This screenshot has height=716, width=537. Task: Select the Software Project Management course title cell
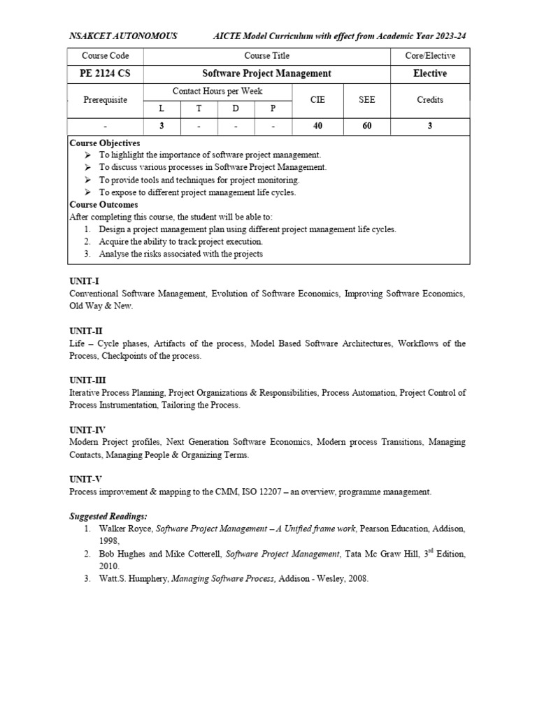tap(257, 73)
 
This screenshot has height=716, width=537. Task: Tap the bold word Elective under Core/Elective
tap(430, 73)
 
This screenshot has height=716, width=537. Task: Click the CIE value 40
tap(318, 126)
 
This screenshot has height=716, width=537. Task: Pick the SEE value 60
tap(366, 126)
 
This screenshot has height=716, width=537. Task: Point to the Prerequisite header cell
tap(105, 100)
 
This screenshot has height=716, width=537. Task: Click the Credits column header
tap(430, 100)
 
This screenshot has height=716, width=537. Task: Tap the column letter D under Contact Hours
tap(236, 108)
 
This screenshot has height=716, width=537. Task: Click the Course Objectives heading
tap(105, 143)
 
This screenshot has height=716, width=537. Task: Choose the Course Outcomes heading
tap(103, 205)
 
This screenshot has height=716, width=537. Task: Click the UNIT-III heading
tap(87, 381)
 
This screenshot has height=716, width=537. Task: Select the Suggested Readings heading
tap(108, 516)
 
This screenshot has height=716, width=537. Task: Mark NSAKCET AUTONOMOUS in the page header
tap(123, 36)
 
